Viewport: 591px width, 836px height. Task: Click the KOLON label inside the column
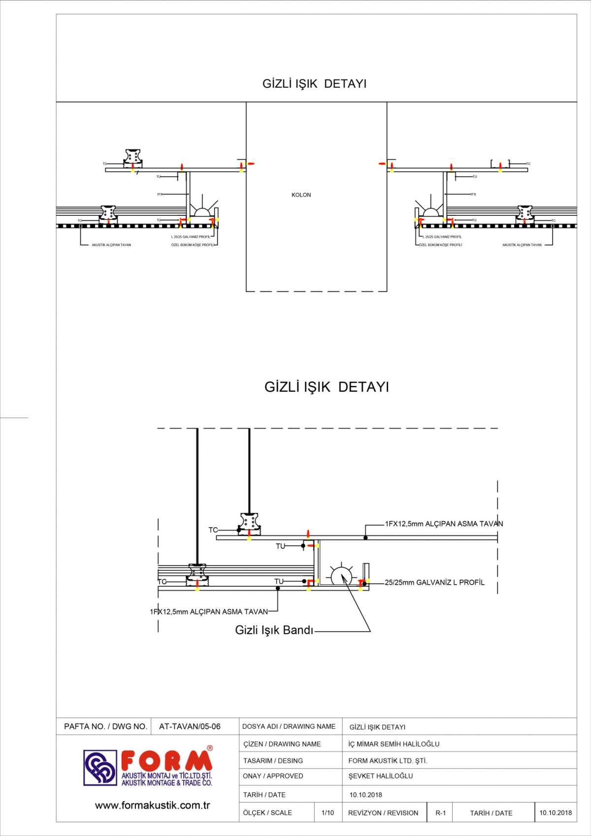(x=301, y=195)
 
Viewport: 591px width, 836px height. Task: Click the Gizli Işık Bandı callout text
(x=274, y=630)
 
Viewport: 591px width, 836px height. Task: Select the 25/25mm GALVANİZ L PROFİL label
(x=434, y=582)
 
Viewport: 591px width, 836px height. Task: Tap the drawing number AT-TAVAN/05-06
(x=190, y=727)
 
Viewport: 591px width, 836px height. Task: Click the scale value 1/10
(x=328, y=813)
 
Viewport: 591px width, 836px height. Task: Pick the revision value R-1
(x=440, y=813)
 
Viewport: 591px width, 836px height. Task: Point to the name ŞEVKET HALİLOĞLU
(x=381, y=776)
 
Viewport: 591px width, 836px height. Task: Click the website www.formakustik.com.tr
(x=152, y=805)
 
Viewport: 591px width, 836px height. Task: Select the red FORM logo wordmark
(x=166, y=761)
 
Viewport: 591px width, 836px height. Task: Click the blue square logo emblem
(x=100, y=768)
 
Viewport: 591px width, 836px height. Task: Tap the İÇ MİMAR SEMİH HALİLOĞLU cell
(x=394, y=744)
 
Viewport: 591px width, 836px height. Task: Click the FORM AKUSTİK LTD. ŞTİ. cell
(x=388, y=761)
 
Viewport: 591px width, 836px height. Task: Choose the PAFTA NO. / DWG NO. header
(x=105, y=727)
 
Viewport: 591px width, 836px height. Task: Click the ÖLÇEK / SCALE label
(x=267, y=813)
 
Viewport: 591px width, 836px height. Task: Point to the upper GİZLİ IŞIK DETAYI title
(x=314, y=84)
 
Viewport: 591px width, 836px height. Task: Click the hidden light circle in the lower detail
(x=341, y=576)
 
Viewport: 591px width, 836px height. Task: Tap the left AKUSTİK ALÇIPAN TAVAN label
(x=111, y=245)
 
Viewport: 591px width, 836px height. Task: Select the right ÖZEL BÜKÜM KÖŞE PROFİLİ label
(x=440, y=245)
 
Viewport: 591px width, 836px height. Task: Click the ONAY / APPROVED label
(x=273, y=776)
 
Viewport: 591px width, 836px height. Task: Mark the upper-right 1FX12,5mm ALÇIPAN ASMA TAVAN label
(x=444, y=524)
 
